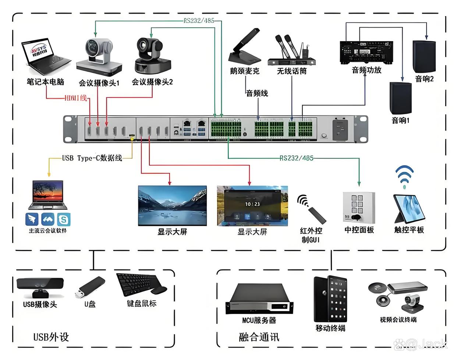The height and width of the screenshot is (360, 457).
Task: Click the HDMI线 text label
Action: coord(76,98)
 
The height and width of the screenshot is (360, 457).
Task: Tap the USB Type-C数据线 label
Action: coord(92,158)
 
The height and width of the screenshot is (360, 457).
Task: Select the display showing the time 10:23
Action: coord(252,205)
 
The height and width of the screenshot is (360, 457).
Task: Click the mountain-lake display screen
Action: coord(172,205)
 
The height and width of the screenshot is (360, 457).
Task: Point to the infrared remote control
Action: coord(317,215)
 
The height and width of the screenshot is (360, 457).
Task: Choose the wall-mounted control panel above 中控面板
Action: coord(359,207)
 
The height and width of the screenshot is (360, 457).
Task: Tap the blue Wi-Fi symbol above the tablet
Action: coord(404,176)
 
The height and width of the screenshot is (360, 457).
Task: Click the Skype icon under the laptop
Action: coord(64,220)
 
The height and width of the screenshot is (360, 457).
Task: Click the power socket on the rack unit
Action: coord(340,129)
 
